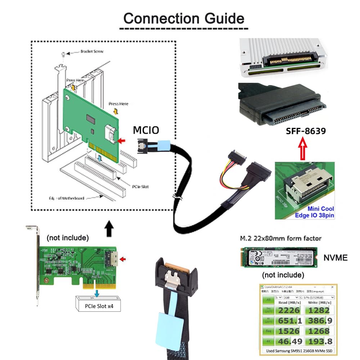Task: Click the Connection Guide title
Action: [184, 18]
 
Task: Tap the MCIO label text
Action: [146, 130]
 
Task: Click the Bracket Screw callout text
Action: [92, 51]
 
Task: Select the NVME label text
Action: [335, 257]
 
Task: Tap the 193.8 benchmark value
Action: [318, 341]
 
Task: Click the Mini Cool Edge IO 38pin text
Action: [320, 212]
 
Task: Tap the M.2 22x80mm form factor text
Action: [280, 238]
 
